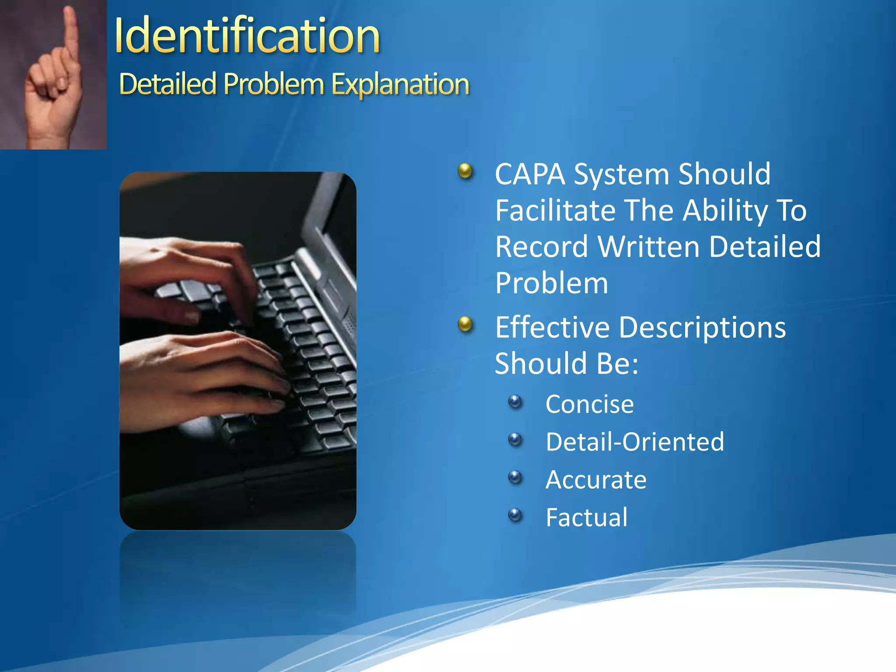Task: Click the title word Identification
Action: pyautogui.click(x=247, y=36)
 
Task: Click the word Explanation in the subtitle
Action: pyautogui.click(x=400, y=84)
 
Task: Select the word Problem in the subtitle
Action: pyautogui.click(x=273, y=84)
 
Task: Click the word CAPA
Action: pyautogui.click(x=530, y=175)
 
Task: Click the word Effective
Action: pyautogui.click(x=552, y=328)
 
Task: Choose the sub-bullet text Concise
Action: pyautogui.click(x=589, y=404)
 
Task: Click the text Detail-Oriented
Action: pyautogui.click(x=635, y=442)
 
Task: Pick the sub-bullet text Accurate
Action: pyautogui.click(x=596, y=480)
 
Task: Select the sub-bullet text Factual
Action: pyautogui.click(x=586, y=518)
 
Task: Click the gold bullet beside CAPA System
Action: pyautogui.click(x=465, y=171)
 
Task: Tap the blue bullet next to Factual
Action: pyautogui.click(x=515, y=514)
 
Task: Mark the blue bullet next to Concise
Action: pyautogui.click(x=515, y=401)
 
